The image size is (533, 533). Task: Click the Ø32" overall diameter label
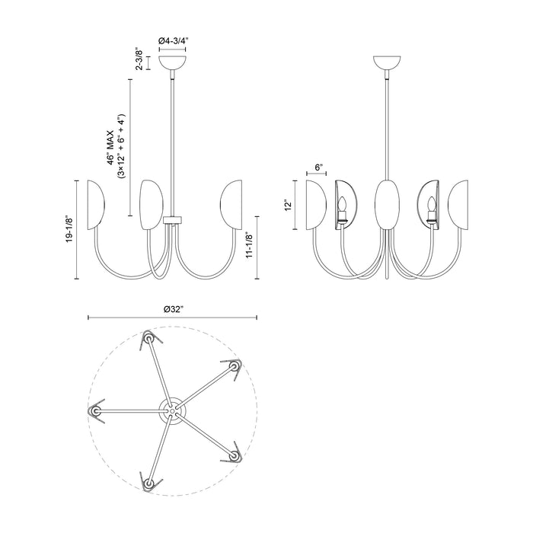coord(173,308)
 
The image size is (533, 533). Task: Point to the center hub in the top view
coord(173,408)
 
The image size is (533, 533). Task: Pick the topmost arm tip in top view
coord(148,337)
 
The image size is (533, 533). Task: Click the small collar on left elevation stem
coord(174,220)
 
